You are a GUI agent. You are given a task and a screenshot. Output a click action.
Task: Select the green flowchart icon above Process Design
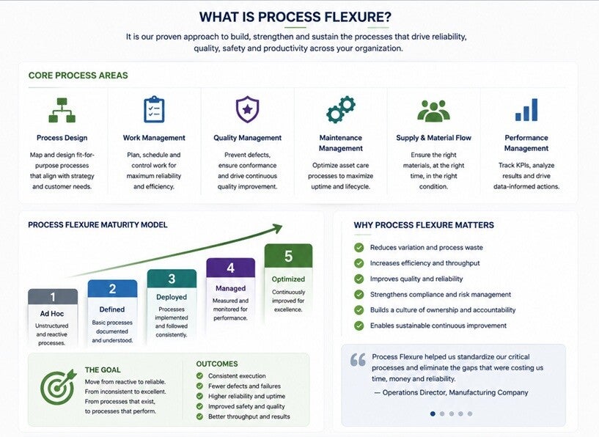tap(62, 110)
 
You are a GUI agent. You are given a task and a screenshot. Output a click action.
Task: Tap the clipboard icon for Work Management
tap(154, 110)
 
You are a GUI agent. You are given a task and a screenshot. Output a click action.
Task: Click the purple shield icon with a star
tap(247, 109)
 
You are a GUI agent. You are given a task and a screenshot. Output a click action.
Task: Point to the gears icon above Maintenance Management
tap(341, 110)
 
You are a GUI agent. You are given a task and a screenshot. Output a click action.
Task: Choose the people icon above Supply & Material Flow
tap(433, 111)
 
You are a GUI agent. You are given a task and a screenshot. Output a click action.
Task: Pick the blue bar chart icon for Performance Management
tap(526, 110)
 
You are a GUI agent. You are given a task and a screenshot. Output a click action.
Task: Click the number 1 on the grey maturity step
tap(53, 297)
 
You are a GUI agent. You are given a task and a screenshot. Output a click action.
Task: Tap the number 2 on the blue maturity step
tap(112, 288)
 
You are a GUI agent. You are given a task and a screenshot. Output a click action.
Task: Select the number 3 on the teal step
tap(172, 279)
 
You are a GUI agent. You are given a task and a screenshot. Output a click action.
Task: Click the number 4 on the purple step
tap(230, 268)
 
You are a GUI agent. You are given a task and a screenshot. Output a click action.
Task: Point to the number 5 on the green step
tap(288, 256)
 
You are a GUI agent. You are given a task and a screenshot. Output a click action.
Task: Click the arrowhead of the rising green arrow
tap(277, 229)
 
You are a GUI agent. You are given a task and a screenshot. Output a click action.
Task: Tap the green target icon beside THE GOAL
tap(58, 387)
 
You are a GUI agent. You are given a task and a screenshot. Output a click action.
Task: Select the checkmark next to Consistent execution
tap(199, 376)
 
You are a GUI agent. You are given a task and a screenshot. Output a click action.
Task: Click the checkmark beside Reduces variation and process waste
tap(359, 248)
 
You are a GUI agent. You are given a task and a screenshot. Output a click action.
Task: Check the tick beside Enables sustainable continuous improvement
tap(359, 326)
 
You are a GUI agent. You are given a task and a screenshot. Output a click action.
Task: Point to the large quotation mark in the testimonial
tap(358, 359)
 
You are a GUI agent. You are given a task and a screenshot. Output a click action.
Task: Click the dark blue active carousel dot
tap(433, 414)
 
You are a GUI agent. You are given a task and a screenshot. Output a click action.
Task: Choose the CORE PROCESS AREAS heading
tap(78, 76)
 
